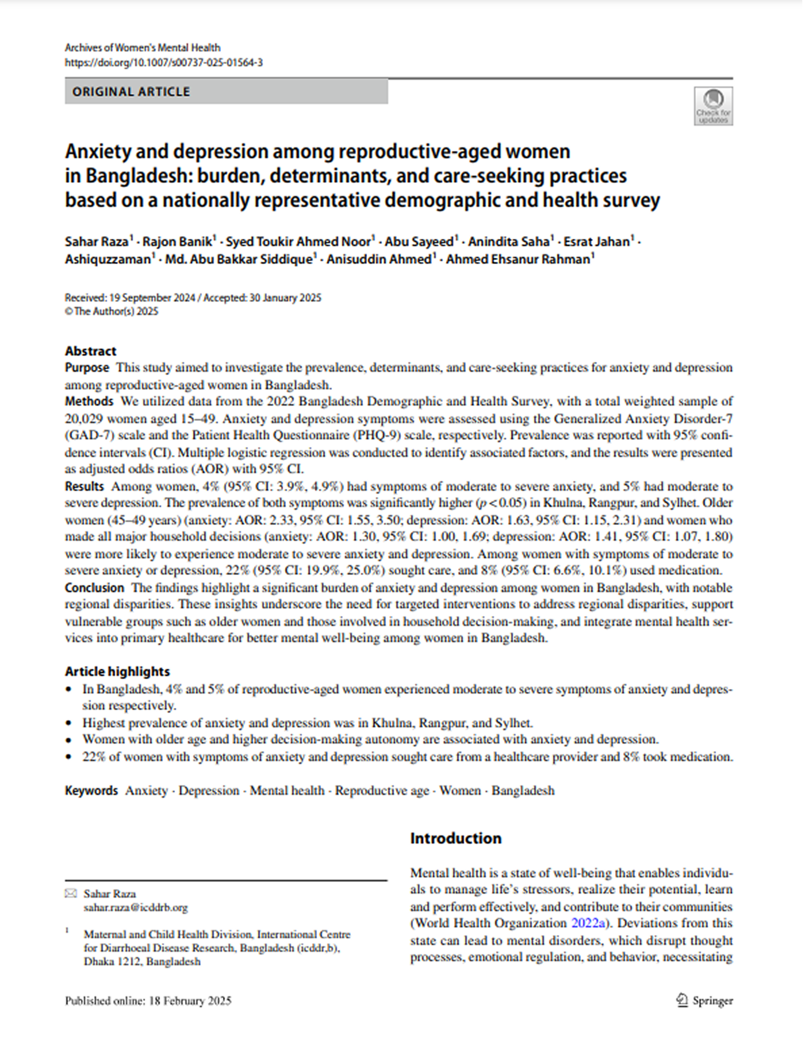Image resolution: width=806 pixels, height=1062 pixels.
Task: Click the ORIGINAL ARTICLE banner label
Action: (x=131, y=92)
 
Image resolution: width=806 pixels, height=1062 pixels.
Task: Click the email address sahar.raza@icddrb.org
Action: (x=136, y=907)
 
